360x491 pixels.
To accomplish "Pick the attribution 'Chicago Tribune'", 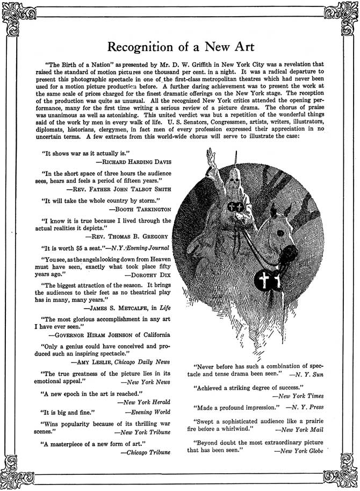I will pos(145,453).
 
